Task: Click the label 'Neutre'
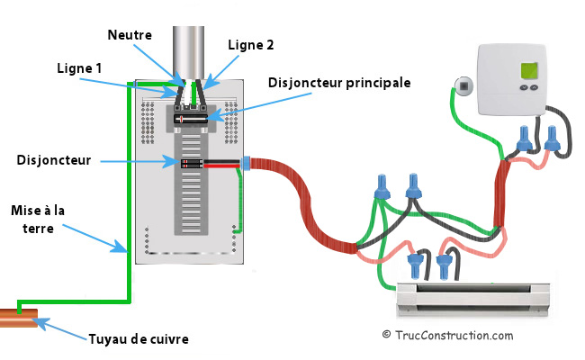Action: tap(130, 34)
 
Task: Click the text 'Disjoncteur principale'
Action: tap(339, 82)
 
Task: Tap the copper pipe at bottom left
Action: tap(20, 317)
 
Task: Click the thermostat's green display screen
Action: tap(531, 71)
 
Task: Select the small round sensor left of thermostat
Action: tap(463, 87)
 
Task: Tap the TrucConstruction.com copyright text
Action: tap(447, 335)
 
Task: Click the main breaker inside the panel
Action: tap(191, 117)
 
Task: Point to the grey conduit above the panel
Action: tap(190, 45)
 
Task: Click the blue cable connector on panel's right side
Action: tap(244, 164)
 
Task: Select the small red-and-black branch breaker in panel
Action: tap(191, 164)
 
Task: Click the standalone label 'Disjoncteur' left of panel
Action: tap(53, 160)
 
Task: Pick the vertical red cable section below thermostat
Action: tap(501, 193)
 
